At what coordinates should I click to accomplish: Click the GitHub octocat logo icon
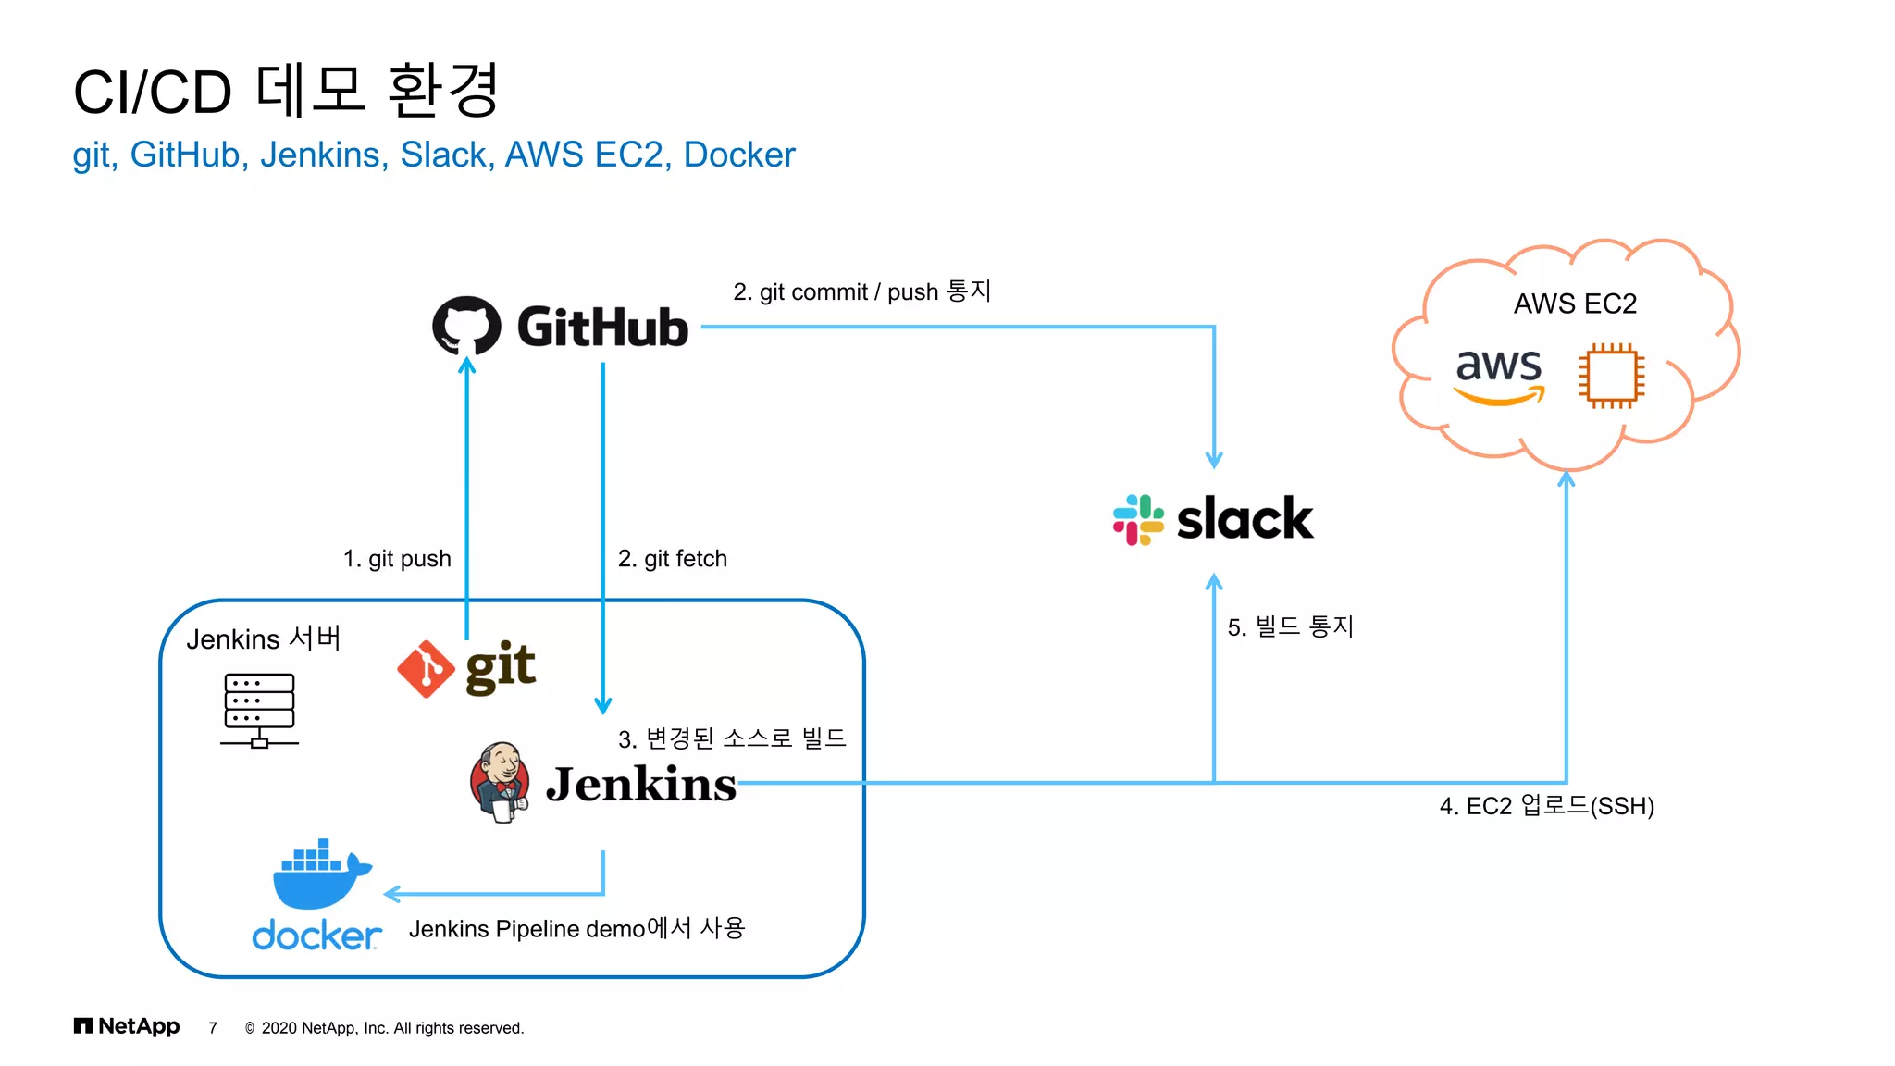pos(466,326)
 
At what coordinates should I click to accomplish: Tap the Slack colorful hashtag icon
pos(1137,519)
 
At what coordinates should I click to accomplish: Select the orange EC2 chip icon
pos(1611,376)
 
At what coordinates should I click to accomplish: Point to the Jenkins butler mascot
pos(501,782)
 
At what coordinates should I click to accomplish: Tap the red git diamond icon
pos(426,668)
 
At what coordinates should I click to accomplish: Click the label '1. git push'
pos(397,559)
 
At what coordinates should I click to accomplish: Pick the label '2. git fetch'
pos(673,559)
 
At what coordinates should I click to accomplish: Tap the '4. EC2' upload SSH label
pos(1546,806)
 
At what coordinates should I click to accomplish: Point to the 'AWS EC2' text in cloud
pos(1575,304)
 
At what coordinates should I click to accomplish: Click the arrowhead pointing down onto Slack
pos(1214,459)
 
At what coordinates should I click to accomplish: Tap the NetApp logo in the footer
pos(127,1026)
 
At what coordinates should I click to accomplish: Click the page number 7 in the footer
pos(213,1028)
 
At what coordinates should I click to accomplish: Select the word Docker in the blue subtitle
pos(738,155)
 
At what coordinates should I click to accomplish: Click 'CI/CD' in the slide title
pos(153,93)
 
